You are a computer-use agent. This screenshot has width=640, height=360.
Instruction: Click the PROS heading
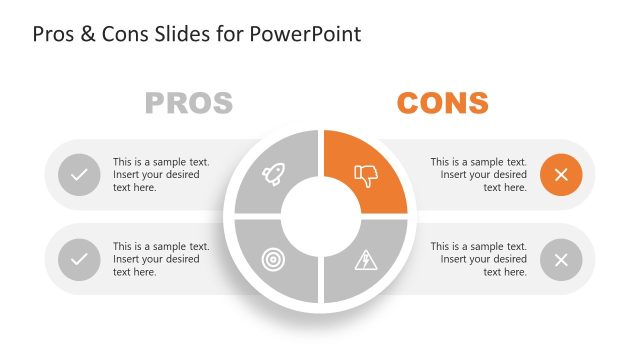[x=189, y=102]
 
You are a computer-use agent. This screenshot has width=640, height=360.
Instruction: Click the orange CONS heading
[x=442, y=102]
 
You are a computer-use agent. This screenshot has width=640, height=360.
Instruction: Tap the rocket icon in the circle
[x=272, y=176]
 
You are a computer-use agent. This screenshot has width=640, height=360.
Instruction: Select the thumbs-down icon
[x=367, y=177]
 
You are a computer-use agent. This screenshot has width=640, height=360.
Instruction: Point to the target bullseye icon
[x=272, y=259]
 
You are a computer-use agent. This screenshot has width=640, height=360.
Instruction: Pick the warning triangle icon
[x=365, y=260]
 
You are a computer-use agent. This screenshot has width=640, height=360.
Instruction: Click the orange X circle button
[x=561, y=175]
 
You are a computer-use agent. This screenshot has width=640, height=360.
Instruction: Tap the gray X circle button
[x=561, y=260]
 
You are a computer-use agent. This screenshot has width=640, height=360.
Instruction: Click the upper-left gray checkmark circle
[x=79, y=175]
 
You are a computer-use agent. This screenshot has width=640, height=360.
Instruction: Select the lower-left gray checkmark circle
[x=79, y=260]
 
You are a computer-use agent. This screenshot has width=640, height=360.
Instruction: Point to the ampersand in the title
[x=87, y=34]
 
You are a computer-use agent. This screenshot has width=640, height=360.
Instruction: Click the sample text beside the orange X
[x=479, y=174]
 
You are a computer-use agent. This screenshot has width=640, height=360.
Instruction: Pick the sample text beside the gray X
[x=479, y=259]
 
